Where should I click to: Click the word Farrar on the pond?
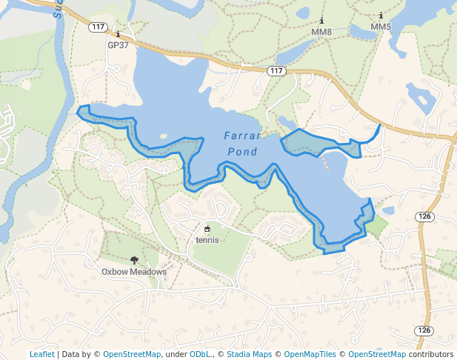pyautogui.click(x=242, y=136)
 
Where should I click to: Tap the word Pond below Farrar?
pyautogui.click(x=242, y=153)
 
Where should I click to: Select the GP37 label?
pyautogui.click(x=119, y=45)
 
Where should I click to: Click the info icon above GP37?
pyautogui.click(x=118, y=34)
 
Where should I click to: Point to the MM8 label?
pyautogui.click(x=321, y=32)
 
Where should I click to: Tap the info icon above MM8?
pyautogui.click(x=321, y=21)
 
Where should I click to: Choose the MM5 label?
pyautogui.click(x=381, y=27)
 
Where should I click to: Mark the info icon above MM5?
pyautogui.click(x=381, y=16)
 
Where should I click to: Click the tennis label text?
pyautogui.click(x=207, y=239)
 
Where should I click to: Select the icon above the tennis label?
pyautogui.click(x=207, y=228)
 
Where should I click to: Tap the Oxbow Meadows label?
pyautogui.click(x=134, y=272)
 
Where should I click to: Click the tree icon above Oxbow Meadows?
pyautogui.click(x=134, y=260)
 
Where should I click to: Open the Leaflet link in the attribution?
pyautogui.click(x=41, y=354)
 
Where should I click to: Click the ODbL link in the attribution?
pyautogui.click(x=199, y=354)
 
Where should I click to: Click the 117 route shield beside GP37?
pyautogui.click(x=97, y=27)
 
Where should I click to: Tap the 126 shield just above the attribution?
pyautogui.click(x=423, y=330)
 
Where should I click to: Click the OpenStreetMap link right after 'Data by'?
pyautogui.click(x=131, y=354)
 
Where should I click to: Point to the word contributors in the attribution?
pyautogui.click(x=430, y=354)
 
